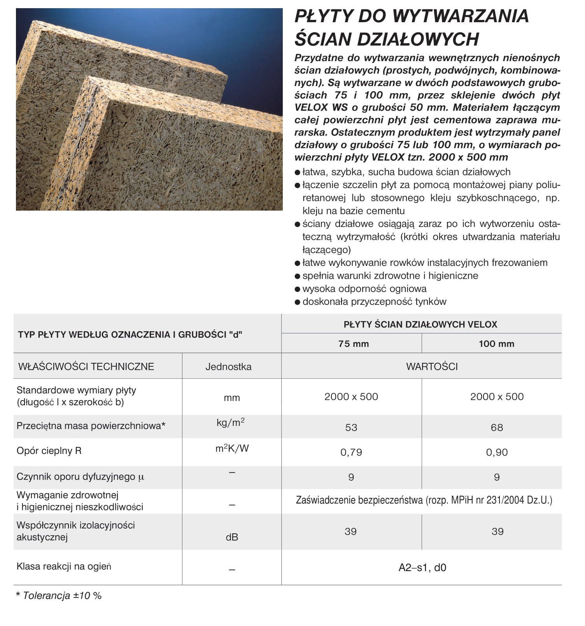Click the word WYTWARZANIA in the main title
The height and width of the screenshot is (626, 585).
[x=461, y=16]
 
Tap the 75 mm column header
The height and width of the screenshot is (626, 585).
[x=353, y=344]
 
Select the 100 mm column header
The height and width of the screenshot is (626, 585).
[x=496, y=344]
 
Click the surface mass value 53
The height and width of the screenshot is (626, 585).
[x=351, y=427]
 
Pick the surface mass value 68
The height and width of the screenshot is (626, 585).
[x=497, y=427]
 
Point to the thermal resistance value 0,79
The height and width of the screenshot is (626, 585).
[x=351, y=452]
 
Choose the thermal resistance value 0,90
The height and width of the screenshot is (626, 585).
[x=497, y=452]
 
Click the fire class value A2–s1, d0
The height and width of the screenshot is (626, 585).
[x=422, y=568]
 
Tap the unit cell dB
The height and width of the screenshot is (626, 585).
[x=232, y=537]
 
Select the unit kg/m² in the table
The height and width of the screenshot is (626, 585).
[x=231, y=422]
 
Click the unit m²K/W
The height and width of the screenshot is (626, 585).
[x=232, y=448]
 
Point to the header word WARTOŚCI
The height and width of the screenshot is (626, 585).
[x=432, y=367]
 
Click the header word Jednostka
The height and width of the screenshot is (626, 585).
[x=228, y=367]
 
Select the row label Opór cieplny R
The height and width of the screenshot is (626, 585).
[x=49, y=451]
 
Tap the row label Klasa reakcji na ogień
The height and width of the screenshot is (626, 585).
[x=64, y=566]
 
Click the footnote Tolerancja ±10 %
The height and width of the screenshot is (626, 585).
[x=62, y=596]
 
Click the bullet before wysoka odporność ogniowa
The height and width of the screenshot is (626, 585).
[x=298, y=289]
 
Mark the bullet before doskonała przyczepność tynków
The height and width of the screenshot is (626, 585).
[x=298, y=302]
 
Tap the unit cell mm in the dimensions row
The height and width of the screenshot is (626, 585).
[x=232, y=398]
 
